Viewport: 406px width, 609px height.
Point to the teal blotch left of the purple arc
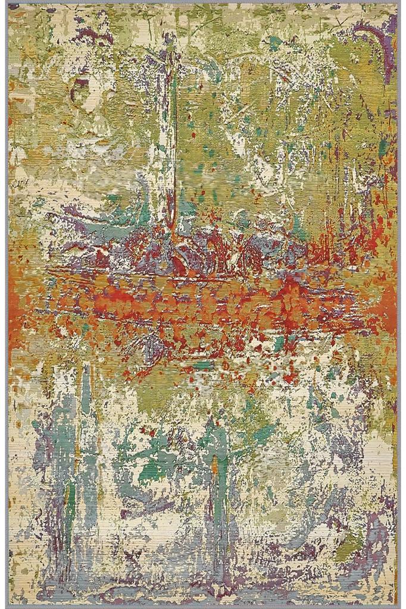click(275, 43)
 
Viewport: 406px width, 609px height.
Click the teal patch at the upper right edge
click(384, 146)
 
